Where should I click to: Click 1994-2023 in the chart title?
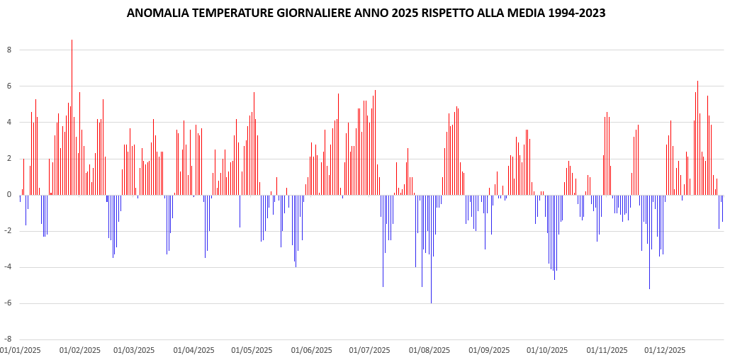click(573, 13)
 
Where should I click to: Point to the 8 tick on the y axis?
click(9, 50)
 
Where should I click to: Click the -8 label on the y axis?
click(8, 339)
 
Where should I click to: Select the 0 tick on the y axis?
click(9, 194)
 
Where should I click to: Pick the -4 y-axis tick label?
click(8, 266)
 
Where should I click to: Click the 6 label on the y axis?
click(9, 86)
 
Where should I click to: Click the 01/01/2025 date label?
click(20, 350)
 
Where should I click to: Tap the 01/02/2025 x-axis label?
click(79, 350)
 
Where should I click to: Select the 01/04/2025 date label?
click(193, 350)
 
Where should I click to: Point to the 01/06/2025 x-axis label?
click(311, 350)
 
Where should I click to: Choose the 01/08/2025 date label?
click(429, 350)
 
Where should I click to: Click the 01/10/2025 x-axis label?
click(546, 350)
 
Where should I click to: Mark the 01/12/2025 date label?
click(664, 350)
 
